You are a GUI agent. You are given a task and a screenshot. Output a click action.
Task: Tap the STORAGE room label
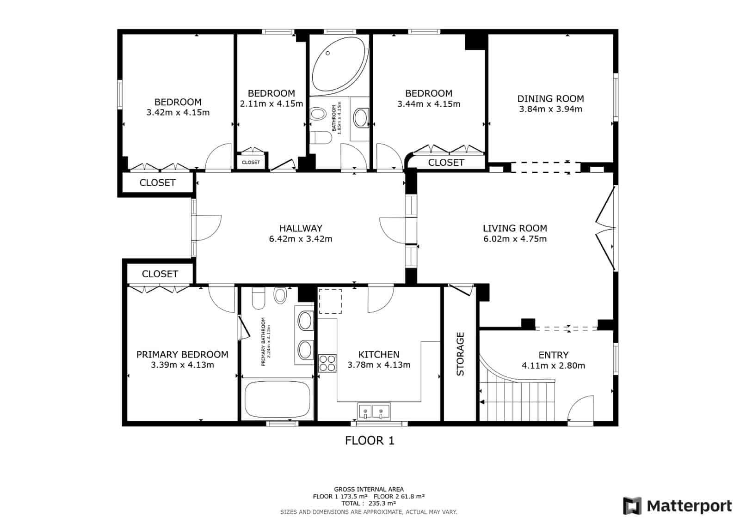pyautogui.click(x=460, y=354)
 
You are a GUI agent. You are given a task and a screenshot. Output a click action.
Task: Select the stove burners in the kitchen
pyautogui.click(x=327, y=363)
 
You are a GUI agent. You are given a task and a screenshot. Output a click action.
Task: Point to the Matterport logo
pyautogui.click(x=677, y=506)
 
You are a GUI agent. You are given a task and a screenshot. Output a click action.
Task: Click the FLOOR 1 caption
pyautogui.click(x=370, y=441)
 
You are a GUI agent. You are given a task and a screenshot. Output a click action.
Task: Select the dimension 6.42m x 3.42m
pyautogui.click(x=300, y=239)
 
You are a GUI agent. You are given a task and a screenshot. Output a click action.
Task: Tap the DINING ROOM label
pyautogui.click(x=550, y=98)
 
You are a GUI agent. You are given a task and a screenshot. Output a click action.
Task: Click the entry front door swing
pyautogui.click(x=581, y=408)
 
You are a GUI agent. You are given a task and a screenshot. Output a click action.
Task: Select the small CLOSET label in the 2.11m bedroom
pyautogui.click(x=251, y=162)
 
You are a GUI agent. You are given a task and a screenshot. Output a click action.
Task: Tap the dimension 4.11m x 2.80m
pyautogui.click(x=553, y=365)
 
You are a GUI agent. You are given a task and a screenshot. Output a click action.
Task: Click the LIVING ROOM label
pyautogui.click(x=515, y=228)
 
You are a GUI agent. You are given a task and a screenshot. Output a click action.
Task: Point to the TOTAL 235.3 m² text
pyautogui.click(x=369, y=504)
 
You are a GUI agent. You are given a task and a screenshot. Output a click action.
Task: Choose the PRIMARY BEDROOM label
pyautogui.click(x=182, y=354)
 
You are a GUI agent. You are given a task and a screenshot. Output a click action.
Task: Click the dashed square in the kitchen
pyautogui.click(x=330, y=301)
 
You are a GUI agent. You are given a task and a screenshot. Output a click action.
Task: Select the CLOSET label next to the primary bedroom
pyautogui.click(x=160, y=274)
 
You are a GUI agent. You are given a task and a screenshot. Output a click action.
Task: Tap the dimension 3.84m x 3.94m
pyautogui.click(x=550, y=109)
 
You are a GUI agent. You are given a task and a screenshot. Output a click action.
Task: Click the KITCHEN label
pyautogui.click(x=379, y=354)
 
